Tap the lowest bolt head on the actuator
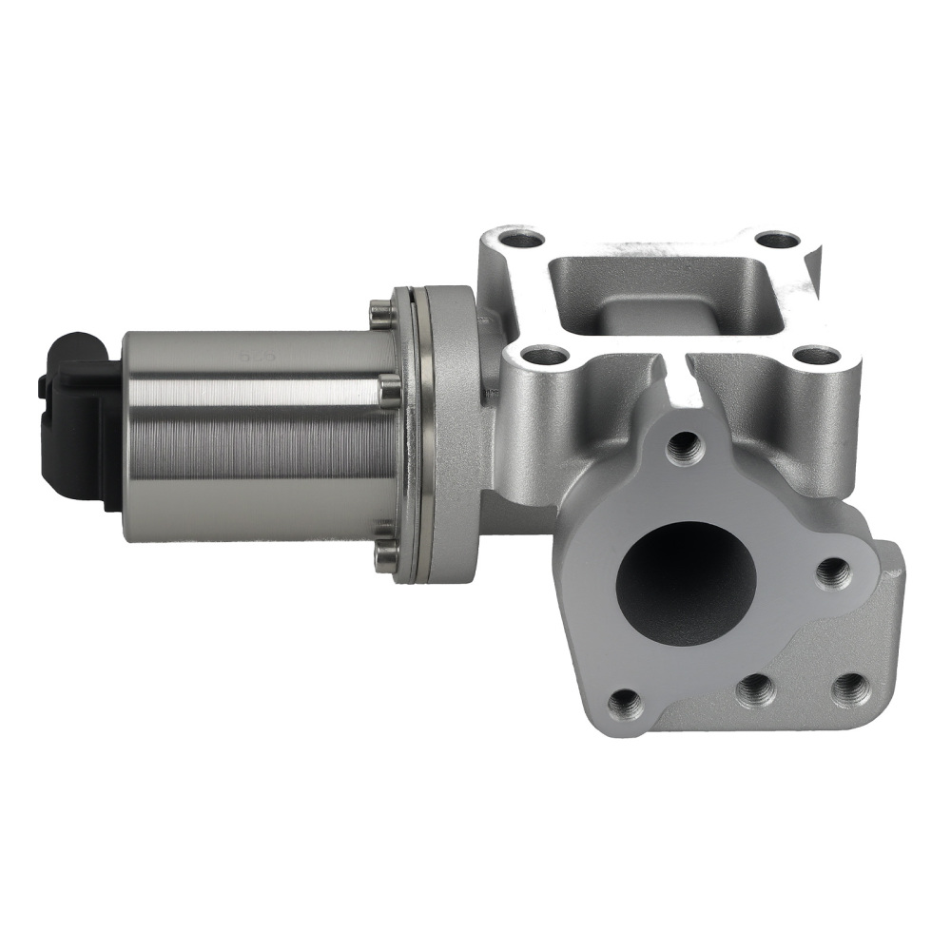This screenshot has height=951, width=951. coord(385,556)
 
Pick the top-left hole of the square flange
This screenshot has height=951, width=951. coord(521,239)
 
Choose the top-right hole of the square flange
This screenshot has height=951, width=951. coord(778,240)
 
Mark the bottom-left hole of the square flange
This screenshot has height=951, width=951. coord(544,358)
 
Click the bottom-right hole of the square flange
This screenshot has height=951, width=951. coord(817,357)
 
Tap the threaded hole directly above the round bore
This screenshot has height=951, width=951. coord(684,445)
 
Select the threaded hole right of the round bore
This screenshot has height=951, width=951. coord(833,573)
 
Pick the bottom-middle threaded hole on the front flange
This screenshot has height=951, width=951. coord(755,689)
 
